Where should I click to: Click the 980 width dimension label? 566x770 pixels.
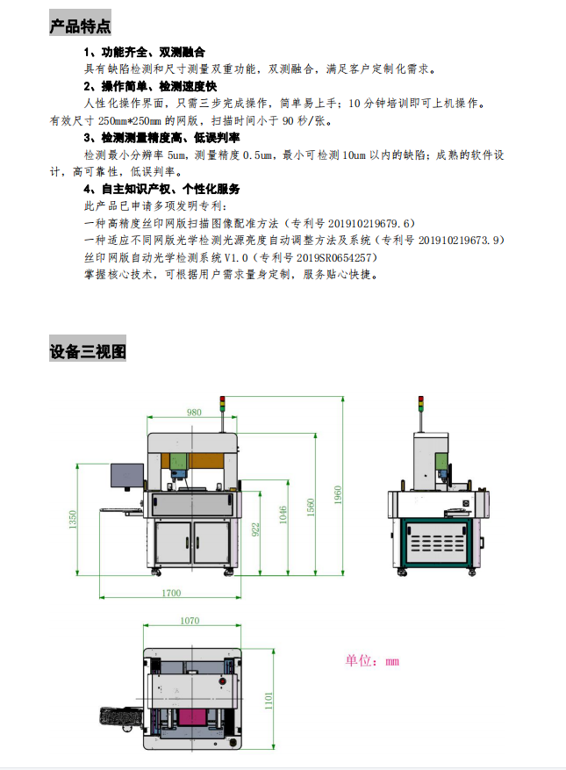(194, 413)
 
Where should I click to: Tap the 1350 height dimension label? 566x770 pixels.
(73, 520)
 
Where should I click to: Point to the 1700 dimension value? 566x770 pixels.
(171, 593)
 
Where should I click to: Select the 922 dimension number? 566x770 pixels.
(255, 529)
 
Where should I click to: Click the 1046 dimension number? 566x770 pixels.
(283, 515)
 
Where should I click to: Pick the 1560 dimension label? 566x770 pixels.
(311, 507)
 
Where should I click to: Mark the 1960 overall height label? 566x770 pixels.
(338, 494)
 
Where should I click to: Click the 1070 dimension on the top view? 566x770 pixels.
(190, 621)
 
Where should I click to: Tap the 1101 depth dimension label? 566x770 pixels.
(269, 701)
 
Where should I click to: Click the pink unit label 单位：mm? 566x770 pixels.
(372, 661)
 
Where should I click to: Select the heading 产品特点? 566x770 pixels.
(80, 26)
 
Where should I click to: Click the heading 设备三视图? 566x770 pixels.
(88, 351)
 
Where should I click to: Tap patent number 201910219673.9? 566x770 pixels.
(461, 241)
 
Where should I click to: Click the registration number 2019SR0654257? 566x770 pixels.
(333, 257)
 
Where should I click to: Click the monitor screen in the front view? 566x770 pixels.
(127, 475)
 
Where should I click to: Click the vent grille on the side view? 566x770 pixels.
(437, 543)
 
